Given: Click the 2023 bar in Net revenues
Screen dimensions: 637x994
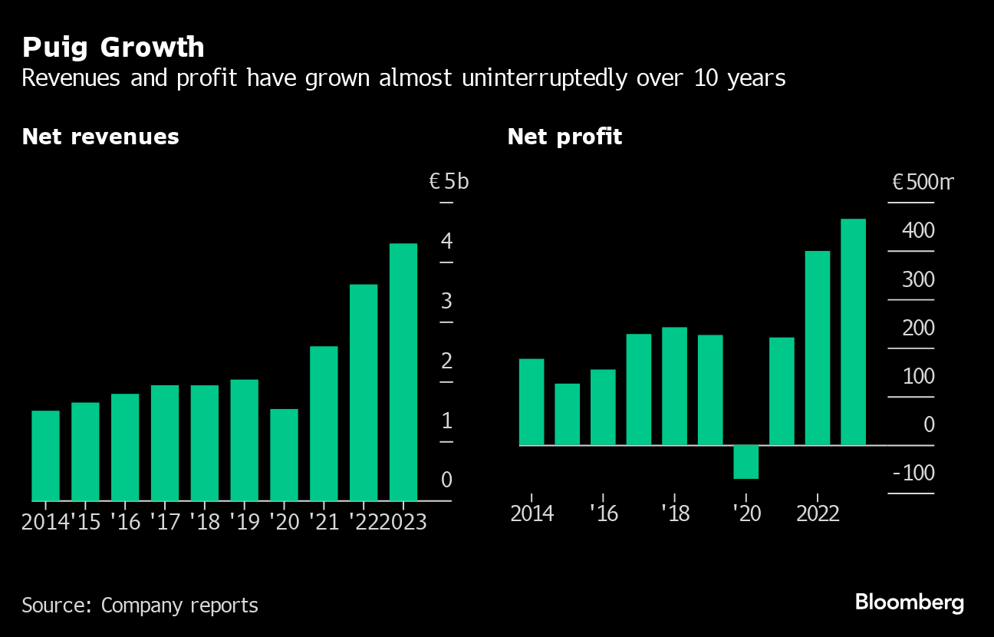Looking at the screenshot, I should [x=403, y=372].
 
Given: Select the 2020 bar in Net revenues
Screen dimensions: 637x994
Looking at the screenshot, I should [x=284, y=454].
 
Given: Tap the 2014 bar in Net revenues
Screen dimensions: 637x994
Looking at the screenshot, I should [x=45, y=456].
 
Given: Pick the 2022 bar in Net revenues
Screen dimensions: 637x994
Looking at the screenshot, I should [x=364, y=392].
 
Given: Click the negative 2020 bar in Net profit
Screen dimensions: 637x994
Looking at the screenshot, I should [x=745, y=462].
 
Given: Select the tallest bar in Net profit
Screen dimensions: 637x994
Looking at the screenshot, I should [x=853, y=332].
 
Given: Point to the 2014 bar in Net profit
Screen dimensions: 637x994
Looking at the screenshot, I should [x=532, y=401].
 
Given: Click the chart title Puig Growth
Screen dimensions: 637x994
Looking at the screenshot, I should [x=113, y=48].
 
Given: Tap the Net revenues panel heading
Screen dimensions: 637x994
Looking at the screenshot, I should [x=100, y=137].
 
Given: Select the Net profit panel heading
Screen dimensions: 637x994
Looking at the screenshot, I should [x=564, y=137].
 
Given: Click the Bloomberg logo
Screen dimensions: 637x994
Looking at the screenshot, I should [x=910, y=602].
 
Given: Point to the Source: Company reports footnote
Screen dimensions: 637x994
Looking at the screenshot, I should [x=140, y=605].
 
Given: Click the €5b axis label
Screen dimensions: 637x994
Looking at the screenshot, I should [x=449, y=182].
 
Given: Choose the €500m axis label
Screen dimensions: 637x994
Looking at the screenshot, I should [x=923, y=182].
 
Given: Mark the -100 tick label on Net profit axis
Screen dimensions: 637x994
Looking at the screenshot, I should [x=913, y=474].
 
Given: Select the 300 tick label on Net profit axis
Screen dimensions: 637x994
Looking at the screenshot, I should [x=918, y=279].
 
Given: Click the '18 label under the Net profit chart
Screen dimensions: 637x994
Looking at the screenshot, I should [x=674, y=513].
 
